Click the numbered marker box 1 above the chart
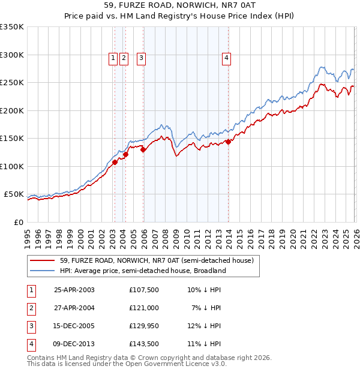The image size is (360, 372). click(113, 58)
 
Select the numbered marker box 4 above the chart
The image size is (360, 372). click(227, 58)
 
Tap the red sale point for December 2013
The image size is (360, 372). click(229, 142)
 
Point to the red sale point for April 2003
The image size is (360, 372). click(115, 162)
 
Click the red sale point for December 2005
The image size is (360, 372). click(143, 150)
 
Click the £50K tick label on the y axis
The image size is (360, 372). click(14, 194)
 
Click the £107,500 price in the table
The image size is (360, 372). click(143, 289)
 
